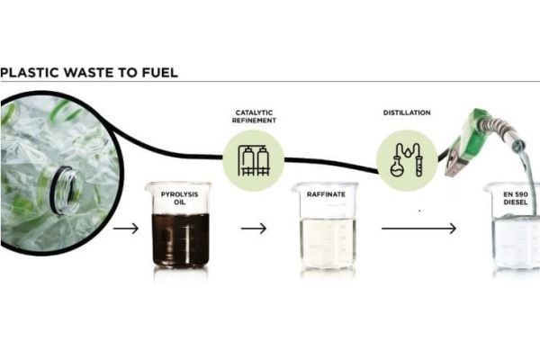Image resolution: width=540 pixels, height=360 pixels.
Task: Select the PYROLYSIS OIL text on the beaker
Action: click(176, 197)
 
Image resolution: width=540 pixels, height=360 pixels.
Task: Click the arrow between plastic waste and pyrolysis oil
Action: click(126, 229)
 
